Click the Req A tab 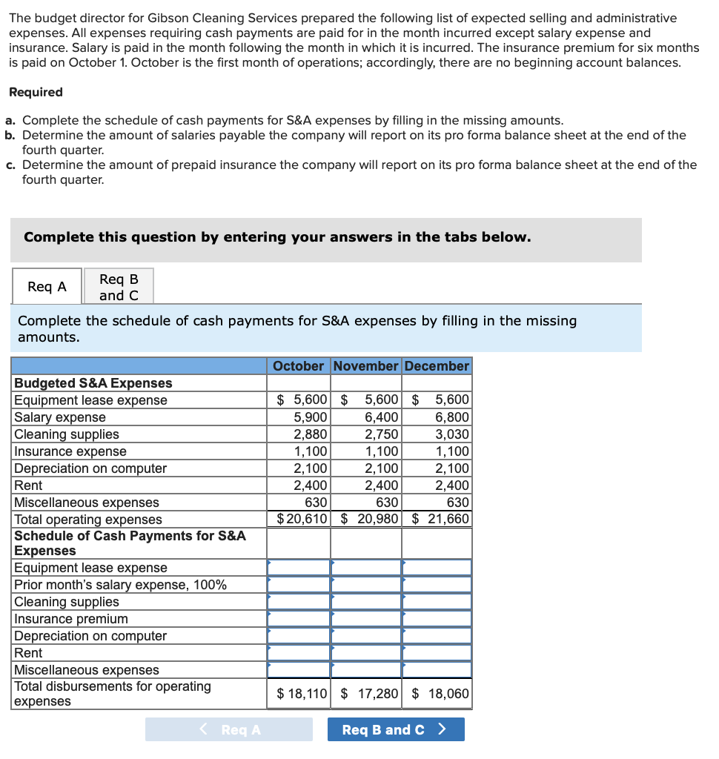tap(47, 287)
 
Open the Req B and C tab tap(119, 287)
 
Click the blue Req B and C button tap(396, 729)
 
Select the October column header tap(298, 366)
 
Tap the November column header tap(365, 366)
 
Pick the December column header tap(437, 366)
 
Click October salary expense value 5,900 tap(311, 417)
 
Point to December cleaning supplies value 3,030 tap(452, 434)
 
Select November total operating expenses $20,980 tap(370, 519)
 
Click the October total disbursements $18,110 tap(302, 695)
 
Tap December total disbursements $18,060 tap(440, 695)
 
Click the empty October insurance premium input tap(299, 619)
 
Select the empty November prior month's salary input tap(366, 585)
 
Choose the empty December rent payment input tap(437, 653)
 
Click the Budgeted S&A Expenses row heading tap(93, 383)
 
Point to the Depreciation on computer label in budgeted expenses tap(90, 468)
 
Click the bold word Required tap(36, 92)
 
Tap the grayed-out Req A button tap(229, 729)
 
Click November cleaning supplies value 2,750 tap(382, 434)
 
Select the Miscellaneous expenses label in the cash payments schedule tap(87, 670)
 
